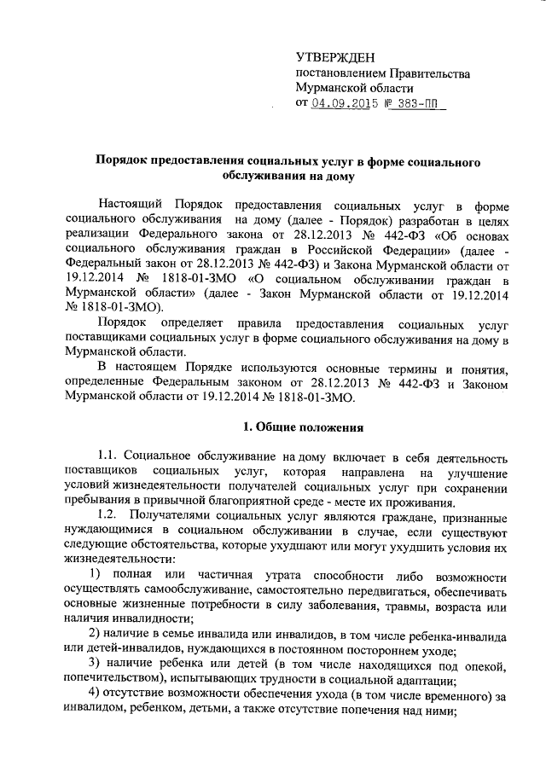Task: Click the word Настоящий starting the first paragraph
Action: (x=131, y=206)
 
